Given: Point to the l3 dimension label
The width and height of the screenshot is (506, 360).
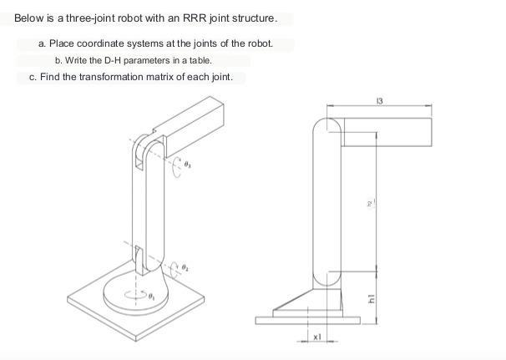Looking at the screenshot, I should tap(380, 101).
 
